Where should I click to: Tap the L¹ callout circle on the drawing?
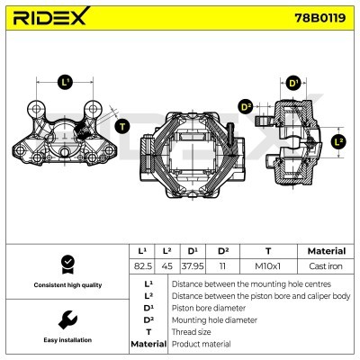[65, 82]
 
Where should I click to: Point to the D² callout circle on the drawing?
[246, 108]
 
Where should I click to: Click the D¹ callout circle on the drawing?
[292, 84]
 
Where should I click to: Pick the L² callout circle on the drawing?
[338, 141]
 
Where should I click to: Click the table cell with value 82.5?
[142, 266]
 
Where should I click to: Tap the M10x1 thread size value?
[268, 266]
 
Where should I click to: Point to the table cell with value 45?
[167, 266]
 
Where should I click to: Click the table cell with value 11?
[222, 266]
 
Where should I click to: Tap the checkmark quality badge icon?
[65, 264]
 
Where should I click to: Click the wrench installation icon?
[65, 320]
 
